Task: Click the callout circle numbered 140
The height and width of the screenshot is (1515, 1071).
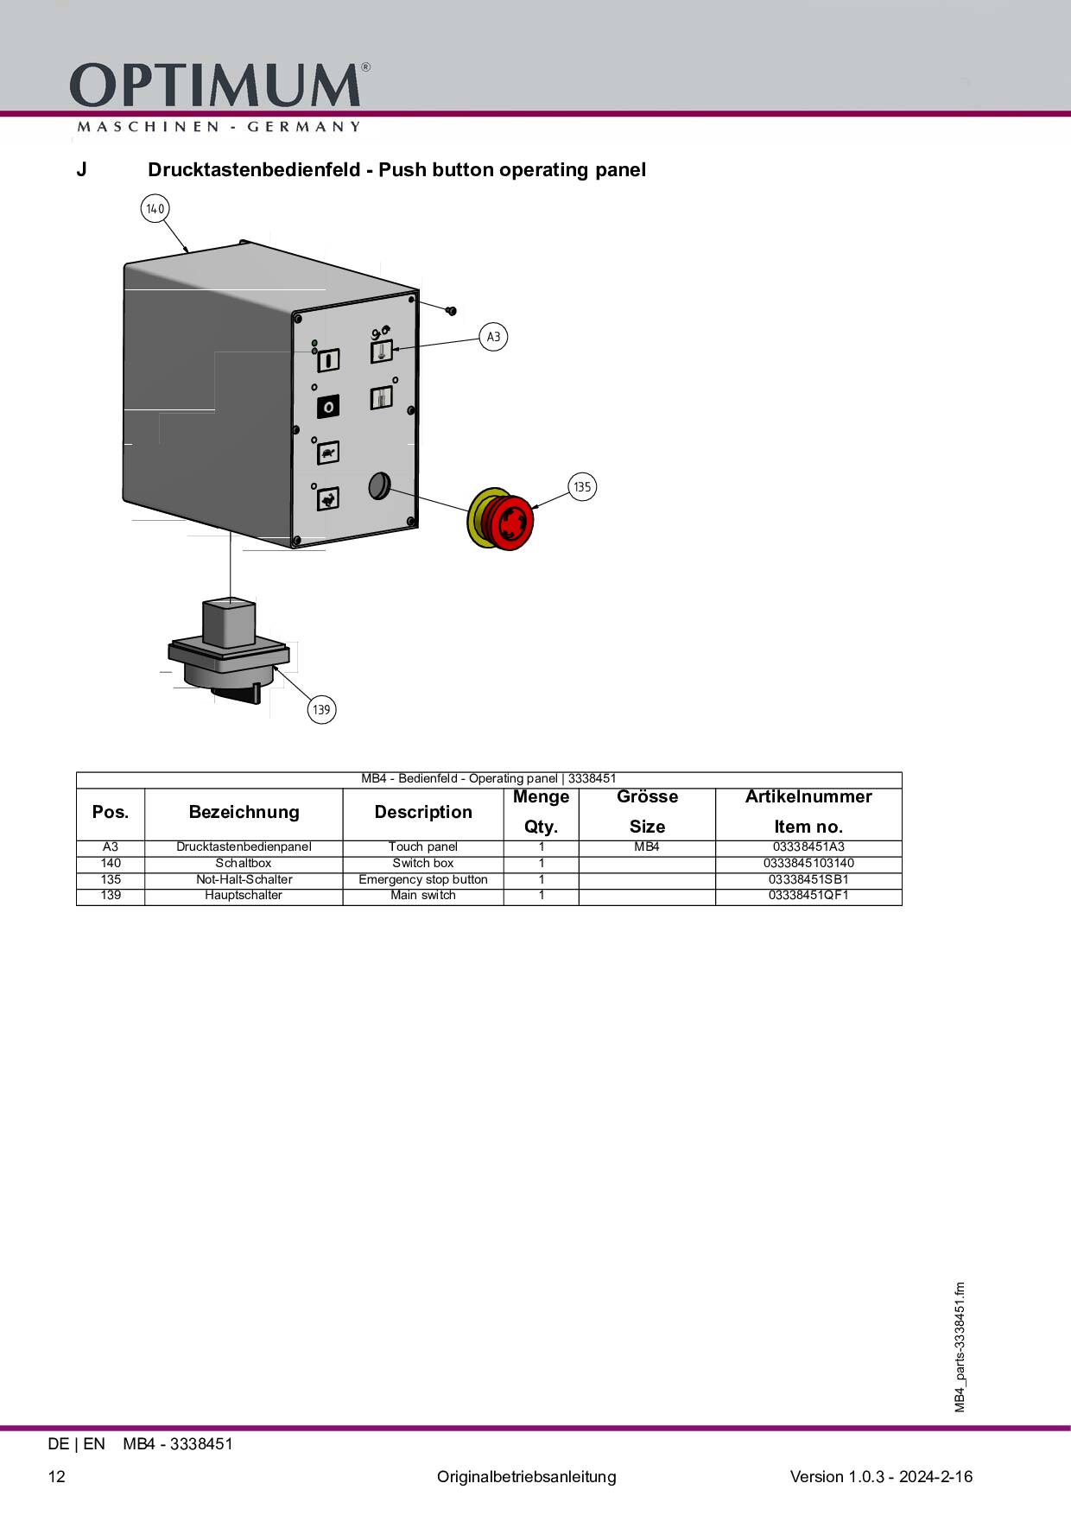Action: [155, 208]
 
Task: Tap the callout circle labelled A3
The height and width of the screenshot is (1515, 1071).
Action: [493, 337]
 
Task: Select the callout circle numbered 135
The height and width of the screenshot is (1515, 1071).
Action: [582, 487]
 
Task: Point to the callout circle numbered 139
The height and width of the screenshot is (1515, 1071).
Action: [321, 710]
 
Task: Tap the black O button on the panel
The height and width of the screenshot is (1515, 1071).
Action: [328, 406]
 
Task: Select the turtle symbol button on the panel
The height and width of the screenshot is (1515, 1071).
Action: [327, 453]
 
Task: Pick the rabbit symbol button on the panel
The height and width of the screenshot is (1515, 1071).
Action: [327, 498]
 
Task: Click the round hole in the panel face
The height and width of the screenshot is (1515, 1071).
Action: [379, 486]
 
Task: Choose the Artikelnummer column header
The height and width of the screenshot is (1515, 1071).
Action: [808, 796]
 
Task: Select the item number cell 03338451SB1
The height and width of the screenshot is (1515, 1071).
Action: [808, 879]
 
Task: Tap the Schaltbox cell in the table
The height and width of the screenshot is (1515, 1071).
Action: [244, 863]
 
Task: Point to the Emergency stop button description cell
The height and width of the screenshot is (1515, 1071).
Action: [423, 879]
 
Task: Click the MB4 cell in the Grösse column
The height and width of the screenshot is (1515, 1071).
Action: [647, 846]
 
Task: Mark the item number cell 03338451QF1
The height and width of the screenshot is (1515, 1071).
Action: [808, 895]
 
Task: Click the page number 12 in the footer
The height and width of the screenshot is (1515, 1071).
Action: [57, 1476]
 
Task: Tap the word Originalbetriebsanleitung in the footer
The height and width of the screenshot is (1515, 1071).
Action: [527, 1476]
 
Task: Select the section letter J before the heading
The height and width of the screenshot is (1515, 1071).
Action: [81, 169]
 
